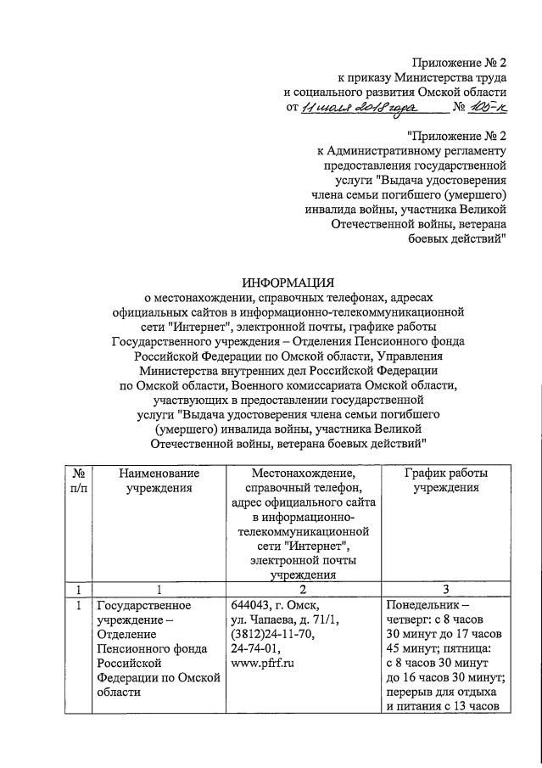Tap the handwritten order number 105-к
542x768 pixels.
(489, 107)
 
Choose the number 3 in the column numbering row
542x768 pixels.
(445, 590)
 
